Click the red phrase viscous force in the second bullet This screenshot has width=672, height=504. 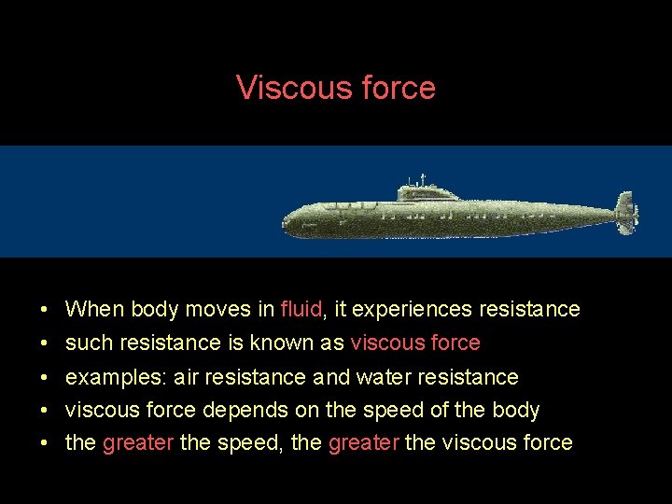coord(414,343)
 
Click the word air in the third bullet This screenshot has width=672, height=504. coord(187,377)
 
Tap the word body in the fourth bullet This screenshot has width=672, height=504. coord(515,411)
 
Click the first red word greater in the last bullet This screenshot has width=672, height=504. coord(137,442)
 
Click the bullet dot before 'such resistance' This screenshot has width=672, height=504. coord(45,343)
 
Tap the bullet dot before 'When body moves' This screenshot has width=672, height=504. coord(45,310)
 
